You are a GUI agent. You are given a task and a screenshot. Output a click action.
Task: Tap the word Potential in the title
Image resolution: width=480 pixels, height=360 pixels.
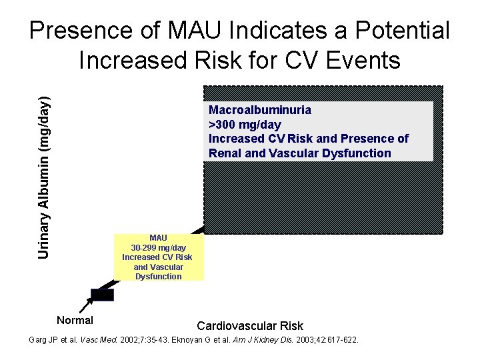click(x=403, y=30)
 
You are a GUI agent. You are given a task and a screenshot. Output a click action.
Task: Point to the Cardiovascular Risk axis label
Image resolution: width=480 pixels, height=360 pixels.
click(x=250, y=326)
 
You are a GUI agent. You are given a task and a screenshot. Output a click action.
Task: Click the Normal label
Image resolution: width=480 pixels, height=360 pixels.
click(x=75, y=321)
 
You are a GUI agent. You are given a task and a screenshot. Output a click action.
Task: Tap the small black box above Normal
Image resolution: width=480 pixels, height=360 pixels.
click(x=102, y=295)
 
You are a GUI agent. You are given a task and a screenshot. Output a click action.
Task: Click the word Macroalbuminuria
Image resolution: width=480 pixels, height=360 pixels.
click(x=259, y=110)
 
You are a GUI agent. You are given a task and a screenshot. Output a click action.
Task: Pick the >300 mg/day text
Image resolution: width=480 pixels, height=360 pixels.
click(x=245, y=125)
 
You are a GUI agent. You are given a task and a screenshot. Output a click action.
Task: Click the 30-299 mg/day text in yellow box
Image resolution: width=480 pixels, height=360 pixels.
click(x=158, y=247)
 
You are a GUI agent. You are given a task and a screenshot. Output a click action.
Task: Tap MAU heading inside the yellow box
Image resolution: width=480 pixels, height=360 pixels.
click(x=158, y=237)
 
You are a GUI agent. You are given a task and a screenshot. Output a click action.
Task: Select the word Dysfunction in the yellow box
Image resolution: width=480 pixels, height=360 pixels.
click(x=158, y=276)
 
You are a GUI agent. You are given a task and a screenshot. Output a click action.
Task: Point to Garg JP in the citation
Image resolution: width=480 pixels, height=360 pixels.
click(x=43, y=340)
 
